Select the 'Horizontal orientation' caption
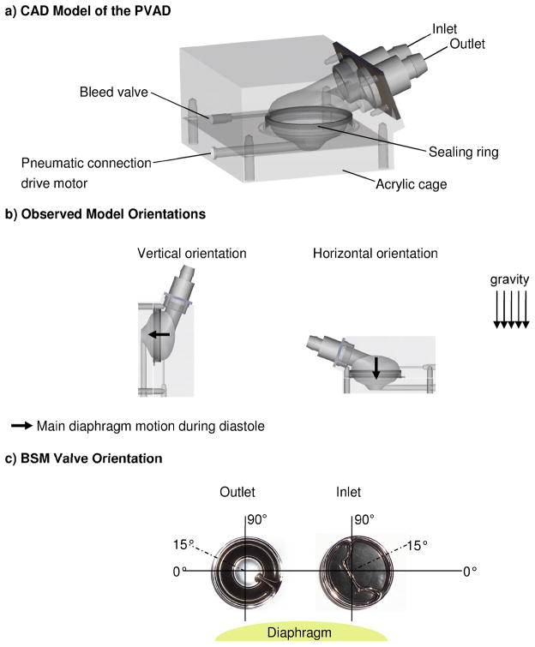(x=375, y=255)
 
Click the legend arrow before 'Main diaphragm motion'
(x=23, y=424)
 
